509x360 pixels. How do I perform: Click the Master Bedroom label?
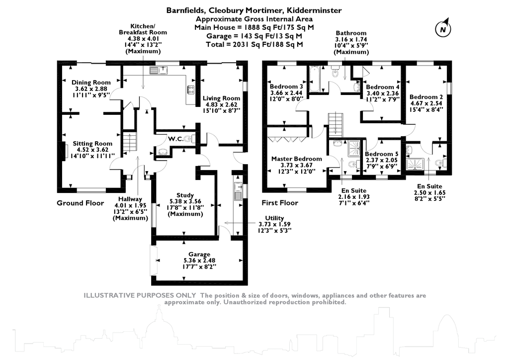[296, 159]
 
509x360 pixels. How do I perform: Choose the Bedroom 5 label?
[381, 154]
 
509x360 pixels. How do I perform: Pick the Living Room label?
[221, 98]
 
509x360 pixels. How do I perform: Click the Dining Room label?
[90, 83]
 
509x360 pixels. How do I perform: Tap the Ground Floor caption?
[80, 203]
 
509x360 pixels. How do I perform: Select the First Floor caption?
[280, 203]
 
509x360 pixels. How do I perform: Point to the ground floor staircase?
[129, 141]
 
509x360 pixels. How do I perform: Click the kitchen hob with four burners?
[191, 90]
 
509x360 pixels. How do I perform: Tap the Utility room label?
[274, 218]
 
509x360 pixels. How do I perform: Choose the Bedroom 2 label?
[426, 97]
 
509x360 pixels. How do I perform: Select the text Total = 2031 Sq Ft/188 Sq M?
[254, 44]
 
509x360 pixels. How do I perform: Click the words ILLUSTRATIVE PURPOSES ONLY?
[140, 295]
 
